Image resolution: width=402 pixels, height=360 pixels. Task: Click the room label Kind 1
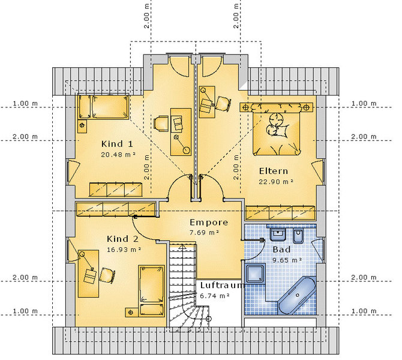coord(117,144)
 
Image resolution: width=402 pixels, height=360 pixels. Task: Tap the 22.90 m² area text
coord(276,182)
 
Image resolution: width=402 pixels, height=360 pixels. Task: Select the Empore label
coord(209,223)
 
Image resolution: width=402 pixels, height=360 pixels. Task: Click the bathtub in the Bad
coord(297,295)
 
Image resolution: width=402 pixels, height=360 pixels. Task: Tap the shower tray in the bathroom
coord(255,274)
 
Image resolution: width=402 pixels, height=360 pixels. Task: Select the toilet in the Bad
coord(298,236)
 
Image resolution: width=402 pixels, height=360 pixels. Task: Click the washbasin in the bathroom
coord(278,235)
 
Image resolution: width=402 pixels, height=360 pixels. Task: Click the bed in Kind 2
coord(152,291)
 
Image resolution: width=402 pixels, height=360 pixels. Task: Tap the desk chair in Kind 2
coord(107,275)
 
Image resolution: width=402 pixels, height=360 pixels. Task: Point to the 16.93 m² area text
coord(124,250)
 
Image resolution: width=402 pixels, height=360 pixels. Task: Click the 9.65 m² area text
coord(287,260)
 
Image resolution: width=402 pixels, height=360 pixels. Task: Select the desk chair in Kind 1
coord(161,124)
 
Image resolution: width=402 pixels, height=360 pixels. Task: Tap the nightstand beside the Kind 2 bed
coord(131,312)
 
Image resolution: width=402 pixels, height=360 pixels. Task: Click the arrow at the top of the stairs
coord(182,247)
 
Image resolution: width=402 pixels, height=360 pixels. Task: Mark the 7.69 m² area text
coord(204,233)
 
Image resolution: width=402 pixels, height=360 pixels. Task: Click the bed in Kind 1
coord(103,107)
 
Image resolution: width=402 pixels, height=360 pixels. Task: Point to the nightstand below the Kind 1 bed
coord(82,126)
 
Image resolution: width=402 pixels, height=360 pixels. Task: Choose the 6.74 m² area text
coord(215,296)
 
